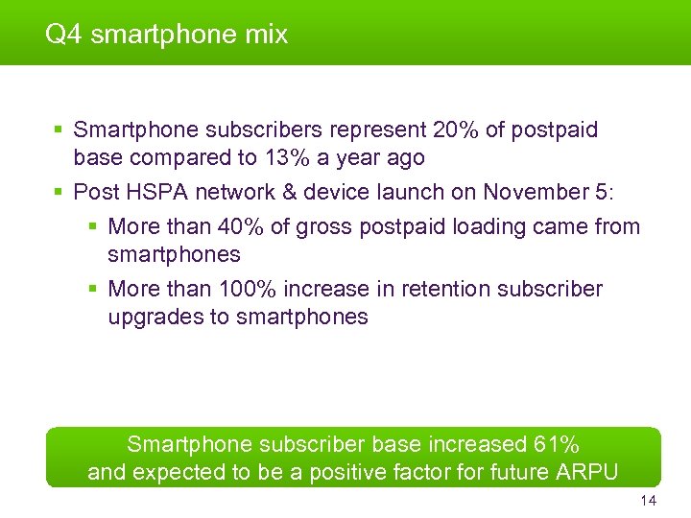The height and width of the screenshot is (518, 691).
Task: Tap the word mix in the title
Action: pyautogui.click(x=267, y=35)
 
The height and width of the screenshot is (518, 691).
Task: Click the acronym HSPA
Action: pyautogui.click(x=149, y=192)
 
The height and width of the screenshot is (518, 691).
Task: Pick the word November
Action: pyautogui.click(x=531, y=192)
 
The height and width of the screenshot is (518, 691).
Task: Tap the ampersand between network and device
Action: pyautogui.click(x=287, y=192)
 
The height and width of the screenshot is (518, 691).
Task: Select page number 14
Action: pyautogui.click(x=648, y=502)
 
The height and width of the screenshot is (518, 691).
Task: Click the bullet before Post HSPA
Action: pyautogui.click(x=59, y=192)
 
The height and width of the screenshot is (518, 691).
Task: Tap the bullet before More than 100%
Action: pyautogui.click(x=93, y=289)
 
